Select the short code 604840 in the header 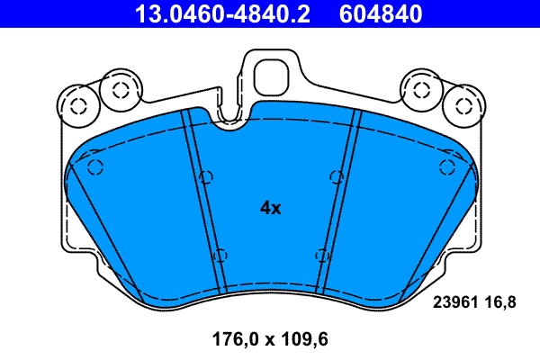[x=380, y=14]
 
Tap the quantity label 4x [x=270, y=208]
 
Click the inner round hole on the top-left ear [x=116, y=89]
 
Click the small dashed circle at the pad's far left [x=96, y=166]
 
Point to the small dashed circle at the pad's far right [x=444, y=166]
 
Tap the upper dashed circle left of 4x [x=205, y=176]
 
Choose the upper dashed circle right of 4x [x=336, y=176]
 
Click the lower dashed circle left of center [x=220, y=256]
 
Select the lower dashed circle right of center [x=320, y=256]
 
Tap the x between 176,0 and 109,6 [x=257, y=340]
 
